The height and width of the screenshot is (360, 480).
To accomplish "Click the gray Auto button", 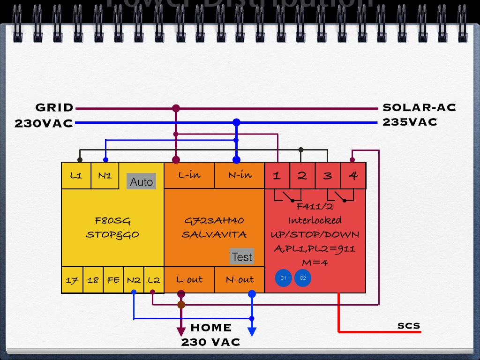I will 141,181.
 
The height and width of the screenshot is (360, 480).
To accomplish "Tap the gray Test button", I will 242,256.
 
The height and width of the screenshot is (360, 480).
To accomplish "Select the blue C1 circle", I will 283,278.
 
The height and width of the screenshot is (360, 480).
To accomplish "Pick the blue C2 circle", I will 303,278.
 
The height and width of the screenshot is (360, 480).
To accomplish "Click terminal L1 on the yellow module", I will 76,175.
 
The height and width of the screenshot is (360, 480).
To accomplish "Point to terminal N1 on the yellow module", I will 105,175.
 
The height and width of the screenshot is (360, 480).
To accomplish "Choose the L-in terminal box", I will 189,175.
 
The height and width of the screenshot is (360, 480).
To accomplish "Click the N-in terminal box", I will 240,175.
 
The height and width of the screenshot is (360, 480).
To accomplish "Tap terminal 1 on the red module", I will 277,176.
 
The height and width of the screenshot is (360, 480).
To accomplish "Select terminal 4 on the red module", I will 353,176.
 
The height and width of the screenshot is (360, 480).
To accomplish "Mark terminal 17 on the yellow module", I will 72,280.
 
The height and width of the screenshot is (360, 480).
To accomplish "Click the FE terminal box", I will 113,280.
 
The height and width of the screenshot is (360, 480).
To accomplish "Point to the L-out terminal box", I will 189,279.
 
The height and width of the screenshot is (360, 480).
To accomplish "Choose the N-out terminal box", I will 240,279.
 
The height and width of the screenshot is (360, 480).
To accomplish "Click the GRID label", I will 55,108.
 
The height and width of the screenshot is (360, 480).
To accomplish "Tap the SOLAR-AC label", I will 419,108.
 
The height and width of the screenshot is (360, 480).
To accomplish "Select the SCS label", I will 409,326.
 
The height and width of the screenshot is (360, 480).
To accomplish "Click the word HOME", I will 211,328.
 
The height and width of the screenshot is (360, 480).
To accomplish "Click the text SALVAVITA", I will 214,234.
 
